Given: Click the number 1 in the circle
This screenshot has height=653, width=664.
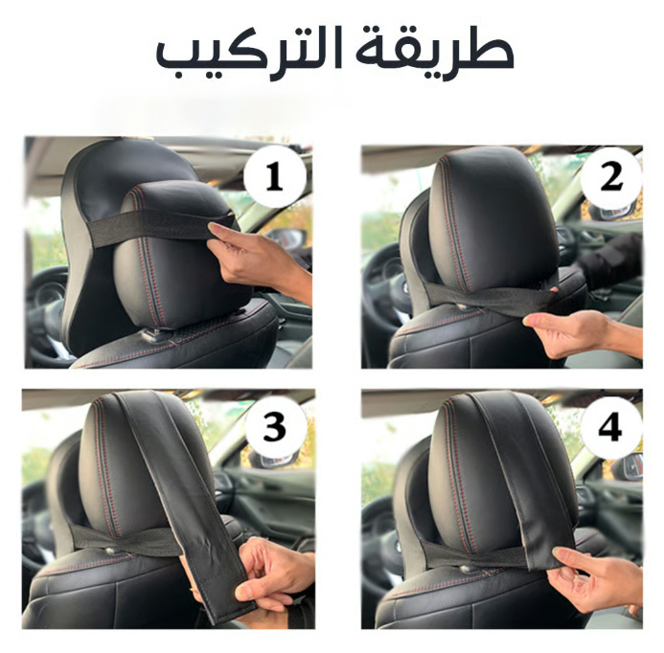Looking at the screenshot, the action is (274, 176).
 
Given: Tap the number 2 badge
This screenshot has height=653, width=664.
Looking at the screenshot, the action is (610, 177).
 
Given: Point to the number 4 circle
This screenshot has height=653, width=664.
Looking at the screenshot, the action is (610, 427).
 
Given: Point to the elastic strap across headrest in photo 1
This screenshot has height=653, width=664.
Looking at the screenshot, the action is (161, 228).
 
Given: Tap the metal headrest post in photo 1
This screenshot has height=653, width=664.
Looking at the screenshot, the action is (153, 333).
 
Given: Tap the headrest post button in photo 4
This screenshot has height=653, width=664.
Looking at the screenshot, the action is (466, 568).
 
